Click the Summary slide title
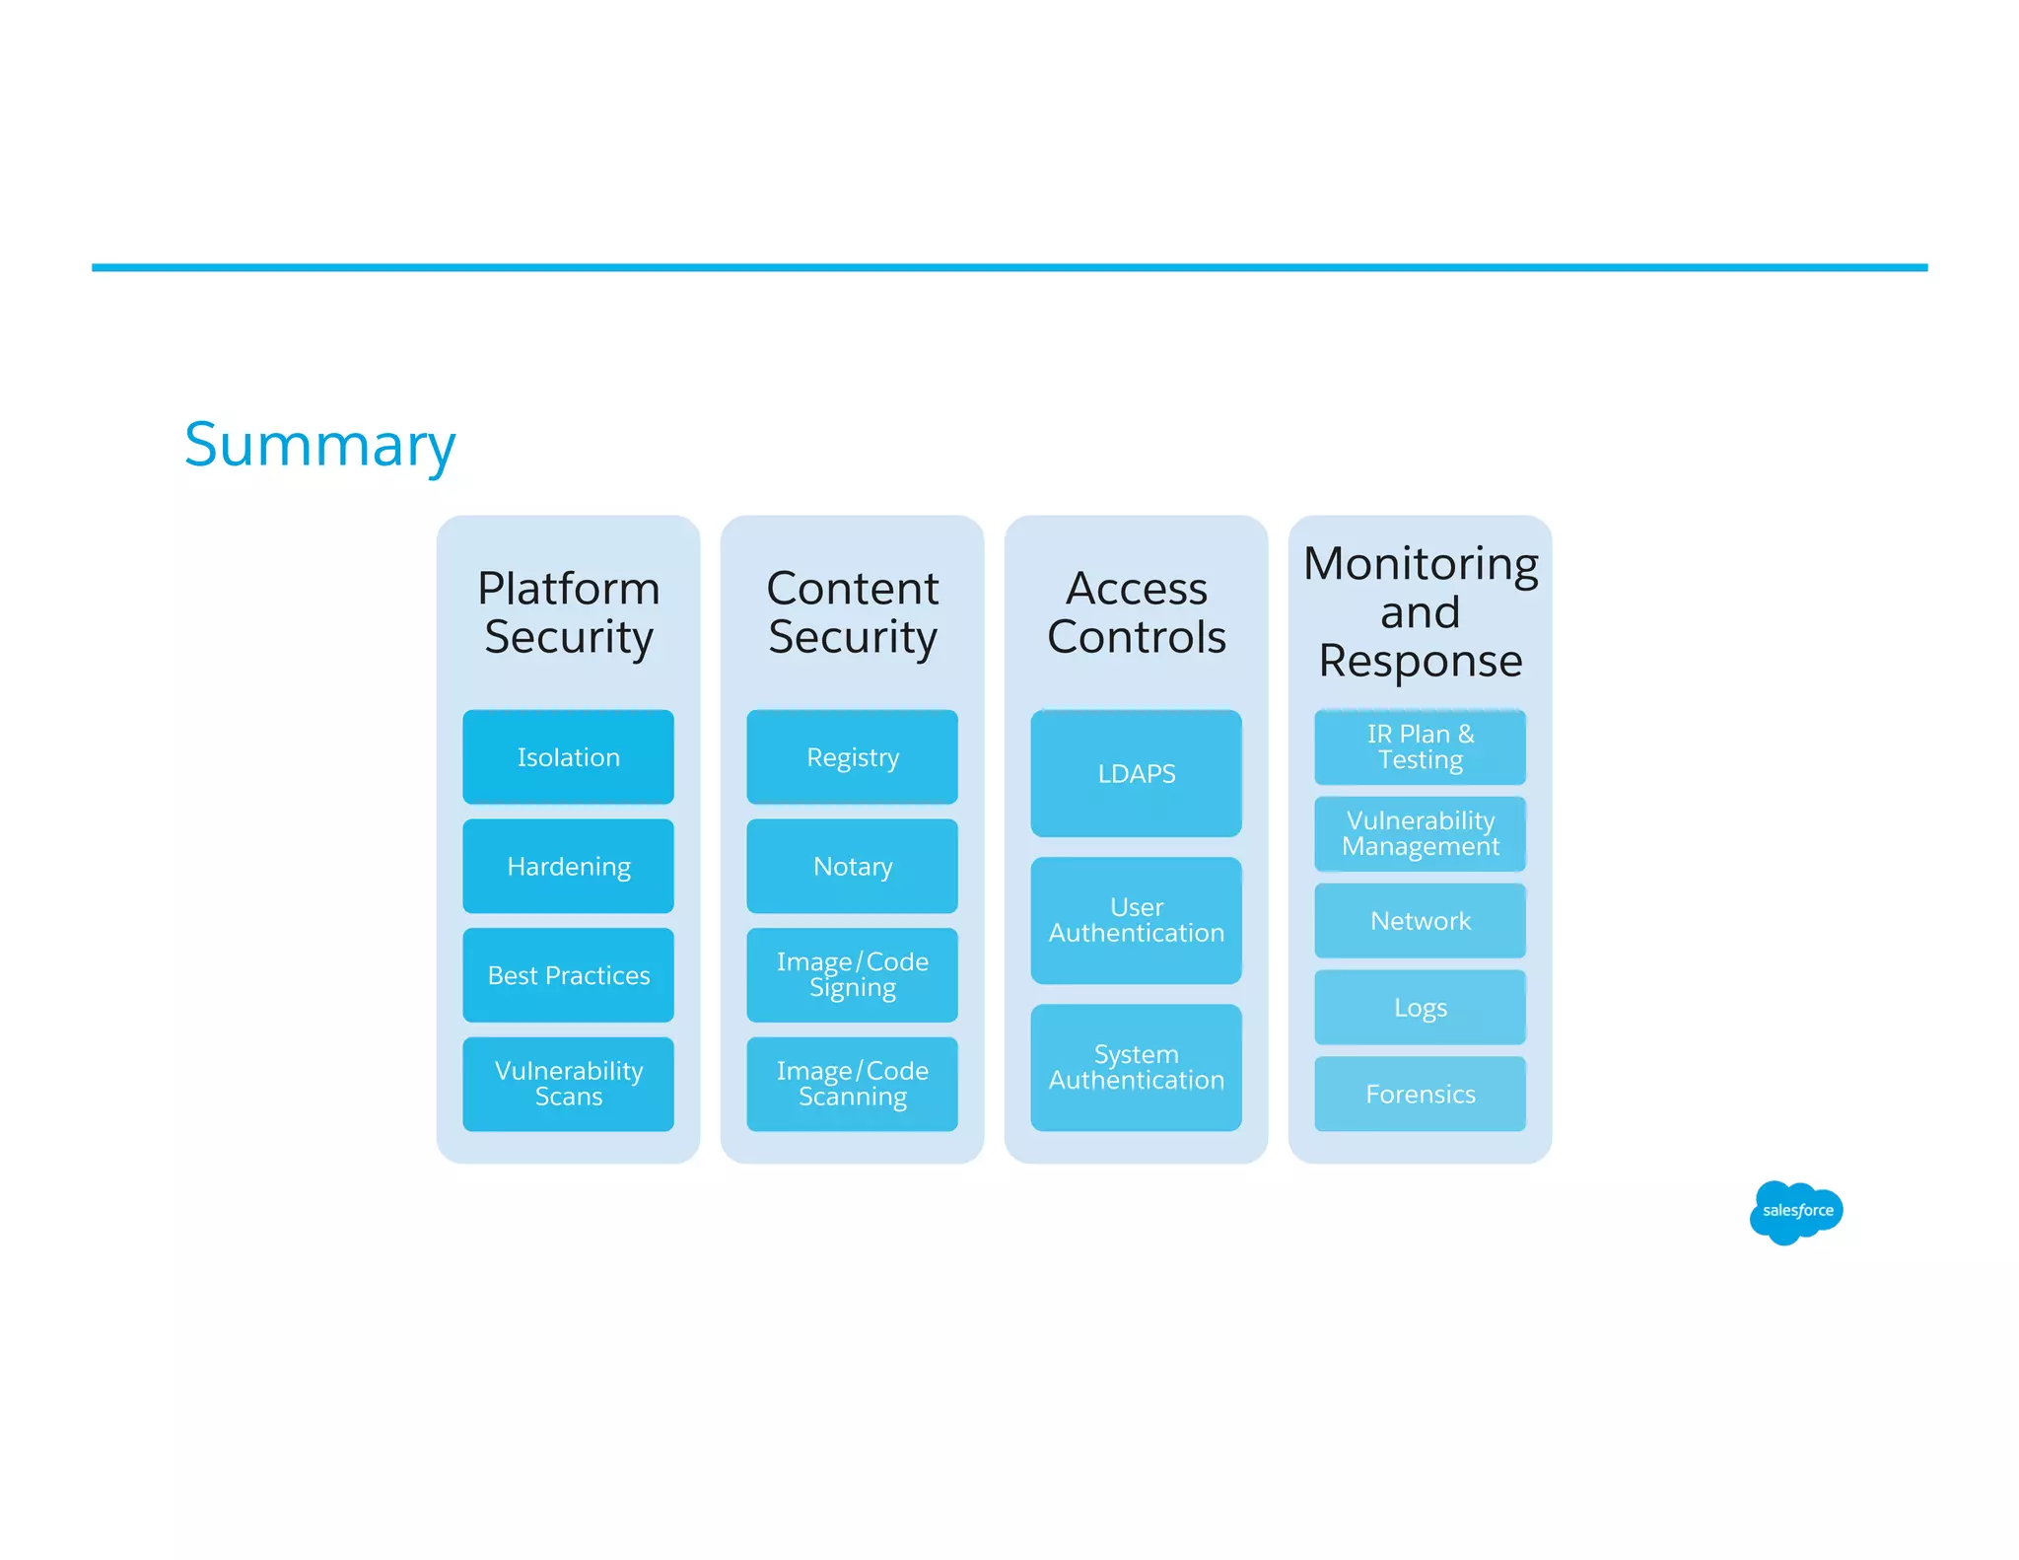(319, 445)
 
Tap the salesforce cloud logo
(1796, 1211)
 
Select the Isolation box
(568, 756)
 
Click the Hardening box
(568, 866)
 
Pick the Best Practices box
(568, 975)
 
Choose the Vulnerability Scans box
(568, 1084)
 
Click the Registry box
(852, 756)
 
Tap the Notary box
(852, 866)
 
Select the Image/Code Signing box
(852, 975)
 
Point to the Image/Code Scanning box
(852, 1084)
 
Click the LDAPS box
(1136, 773)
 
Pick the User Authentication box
(1136, 920)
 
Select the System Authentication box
(1136, 1067)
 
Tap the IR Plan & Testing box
(1420, 746)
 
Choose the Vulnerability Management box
(1420, 833)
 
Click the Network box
(1420, 920)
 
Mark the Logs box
(1420, 1007)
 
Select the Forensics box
(1420, 1094)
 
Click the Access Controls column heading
(1136, 612)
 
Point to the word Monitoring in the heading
(1420, 565)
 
